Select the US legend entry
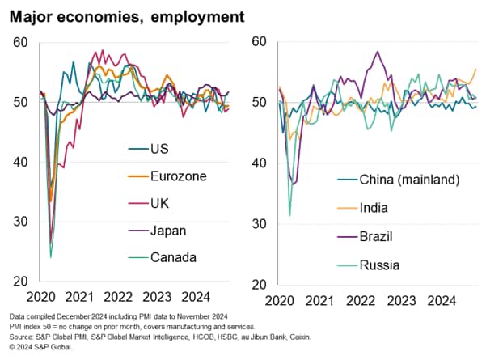click(160, 148)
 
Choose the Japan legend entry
click(168, 230)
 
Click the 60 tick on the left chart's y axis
click(20, 42)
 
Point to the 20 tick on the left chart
click(20, 282)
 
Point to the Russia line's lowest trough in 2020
click(289, 215)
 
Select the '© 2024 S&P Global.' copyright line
click(40, 347)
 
